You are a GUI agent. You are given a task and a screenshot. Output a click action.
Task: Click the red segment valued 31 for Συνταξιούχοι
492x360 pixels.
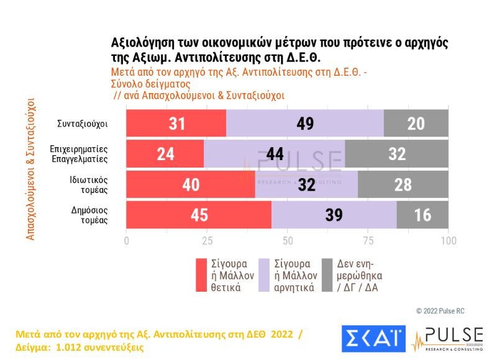pos(176,123)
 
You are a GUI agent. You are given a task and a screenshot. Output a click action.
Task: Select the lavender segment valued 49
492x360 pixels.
pos(305,123)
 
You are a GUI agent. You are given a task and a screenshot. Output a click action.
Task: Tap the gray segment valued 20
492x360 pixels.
pos(416,123)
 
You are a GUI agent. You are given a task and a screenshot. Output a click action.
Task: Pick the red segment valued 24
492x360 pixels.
pos(165,153)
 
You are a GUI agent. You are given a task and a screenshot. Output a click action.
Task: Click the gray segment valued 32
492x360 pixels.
pos(396,153)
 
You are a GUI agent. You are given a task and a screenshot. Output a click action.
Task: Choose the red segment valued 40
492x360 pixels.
pos(191,184)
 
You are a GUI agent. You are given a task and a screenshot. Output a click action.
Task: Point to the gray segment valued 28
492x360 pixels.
pos(403,184)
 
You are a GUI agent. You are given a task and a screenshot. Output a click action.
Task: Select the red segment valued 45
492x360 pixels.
pos(199,215)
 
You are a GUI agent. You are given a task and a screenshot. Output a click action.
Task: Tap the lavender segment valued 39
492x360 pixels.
pos(334,215)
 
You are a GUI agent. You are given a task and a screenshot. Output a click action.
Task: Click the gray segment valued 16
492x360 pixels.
pos(422,215)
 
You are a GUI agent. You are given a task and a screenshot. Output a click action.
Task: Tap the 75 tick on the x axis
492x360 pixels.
pos(368,241)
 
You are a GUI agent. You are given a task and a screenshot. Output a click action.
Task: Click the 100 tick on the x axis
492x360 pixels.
pos(448,241)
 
